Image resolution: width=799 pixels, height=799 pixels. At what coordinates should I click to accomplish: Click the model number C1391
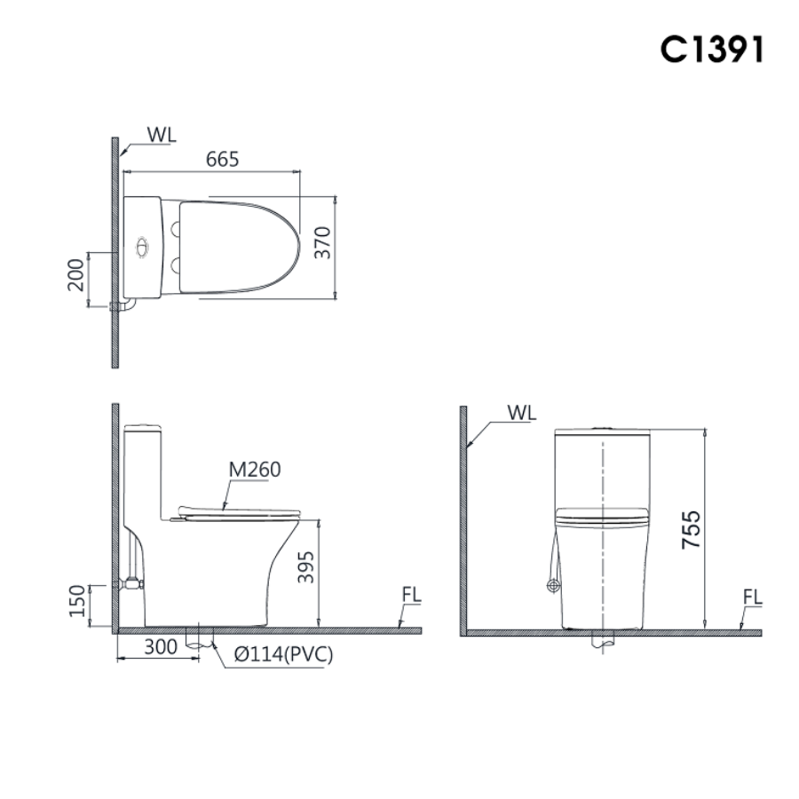[711, 49]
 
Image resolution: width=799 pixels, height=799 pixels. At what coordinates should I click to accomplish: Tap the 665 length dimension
[222, 160]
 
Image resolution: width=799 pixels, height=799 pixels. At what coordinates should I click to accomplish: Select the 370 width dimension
[322, 242]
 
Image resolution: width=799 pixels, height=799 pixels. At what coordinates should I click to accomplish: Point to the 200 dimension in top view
[76, 274]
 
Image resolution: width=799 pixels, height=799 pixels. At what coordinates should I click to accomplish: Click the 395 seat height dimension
[305, 566]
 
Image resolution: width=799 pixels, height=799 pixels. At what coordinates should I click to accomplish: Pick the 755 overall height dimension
[691, 529]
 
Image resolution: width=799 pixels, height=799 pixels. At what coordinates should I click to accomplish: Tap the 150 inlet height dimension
[77, 601]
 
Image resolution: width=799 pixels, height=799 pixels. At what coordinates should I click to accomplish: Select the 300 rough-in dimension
[161, 646]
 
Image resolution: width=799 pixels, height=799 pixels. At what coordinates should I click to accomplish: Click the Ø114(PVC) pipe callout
[283, 654]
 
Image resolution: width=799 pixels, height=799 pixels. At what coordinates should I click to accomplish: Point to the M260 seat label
[254, 470]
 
